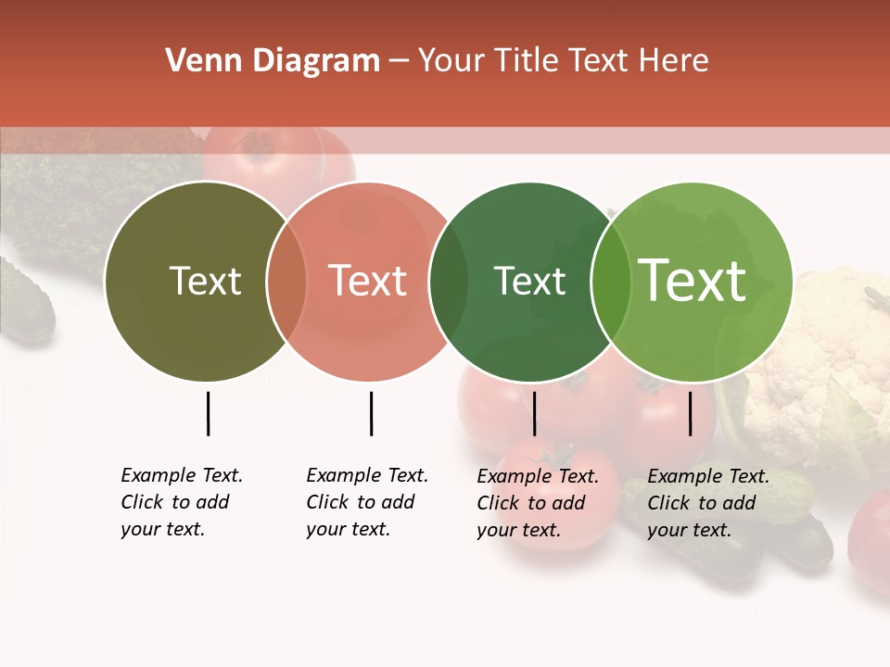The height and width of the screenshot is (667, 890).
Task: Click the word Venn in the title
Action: [x=193, y=61]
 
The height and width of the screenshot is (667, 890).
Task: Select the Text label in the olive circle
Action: [x=205, y=281]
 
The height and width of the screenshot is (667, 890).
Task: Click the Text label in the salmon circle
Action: [x=368, y=281]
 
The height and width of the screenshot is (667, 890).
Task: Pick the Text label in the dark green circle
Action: [x=529, y=281]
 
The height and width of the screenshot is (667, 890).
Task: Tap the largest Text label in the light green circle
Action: [x=693, y=281]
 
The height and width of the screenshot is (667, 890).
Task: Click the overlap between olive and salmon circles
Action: [x=286, y=281]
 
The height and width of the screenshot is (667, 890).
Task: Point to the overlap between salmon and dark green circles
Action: [x=449, y=281]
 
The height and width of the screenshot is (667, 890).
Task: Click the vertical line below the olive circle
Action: [x=208, y=413]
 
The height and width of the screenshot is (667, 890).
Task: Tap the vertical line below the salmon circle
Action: [x=371, y=413]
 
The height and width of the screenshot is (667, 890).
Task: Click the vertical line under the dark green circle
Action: [x=534, y=413]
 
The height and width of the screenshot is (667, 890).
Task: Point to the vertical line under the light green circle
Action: [x=690, y=413]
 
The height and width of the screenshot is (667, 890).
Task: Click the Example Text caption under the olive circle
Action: [x=181, y=502]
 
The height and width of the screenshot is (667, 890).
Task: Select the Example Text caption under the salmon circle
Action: [x=366, y=502]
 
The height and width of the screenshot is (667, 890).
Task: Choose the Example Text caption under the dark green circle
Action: [x=537, y=503]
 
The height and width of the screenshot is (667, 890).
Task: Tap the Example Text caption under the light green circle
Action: [x=707, y=503]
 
